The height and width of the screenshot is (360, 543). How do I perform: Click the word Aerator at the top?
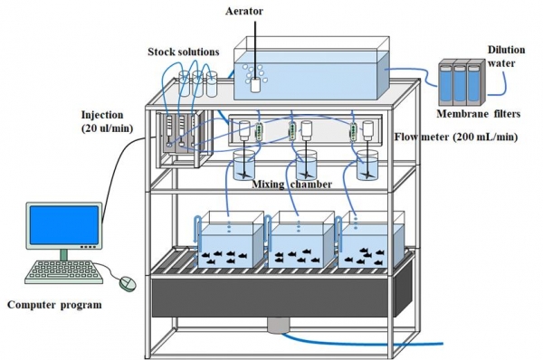pos(244,11)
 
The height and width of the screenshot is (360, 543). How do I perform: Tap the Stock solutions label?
pos(184,52)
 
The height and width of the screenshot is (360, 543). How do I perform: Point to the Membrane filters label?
pos(478,114)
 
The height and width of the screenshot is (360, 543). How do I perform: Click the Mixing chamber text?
pos(291,185)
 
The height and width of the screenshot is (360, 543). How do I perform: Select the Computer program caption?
pos(54,305)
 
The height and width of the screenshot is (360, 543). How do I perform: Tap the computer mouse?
pos(128,283)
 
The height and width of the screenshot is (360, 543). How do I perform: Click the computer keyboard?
pos(63,272)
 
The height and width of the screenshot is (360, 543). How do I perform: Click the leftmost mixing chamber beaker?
pos(244,166)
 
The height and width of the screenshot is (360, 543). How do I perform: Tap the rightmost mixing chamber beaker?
pos(367,166)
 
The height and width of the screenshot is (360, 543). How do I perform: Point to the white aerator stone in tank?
pos(255,85)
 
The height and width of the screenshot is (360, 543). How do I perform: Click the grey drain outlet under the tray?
pos(278,326)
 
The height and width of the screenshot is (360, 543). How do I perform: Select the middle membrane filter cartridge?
pos(460,83)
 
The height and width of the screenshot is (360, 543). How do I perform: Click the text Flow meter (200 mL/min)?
pos(456,137)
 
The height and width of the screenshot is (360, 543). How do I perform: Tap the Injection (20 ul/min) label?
pos(108,121)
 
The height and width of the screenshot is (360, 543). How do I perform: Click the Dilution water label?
pos(506,57)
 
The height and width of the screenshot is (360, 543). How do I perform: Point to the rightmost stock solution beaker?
pos(212,84)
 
